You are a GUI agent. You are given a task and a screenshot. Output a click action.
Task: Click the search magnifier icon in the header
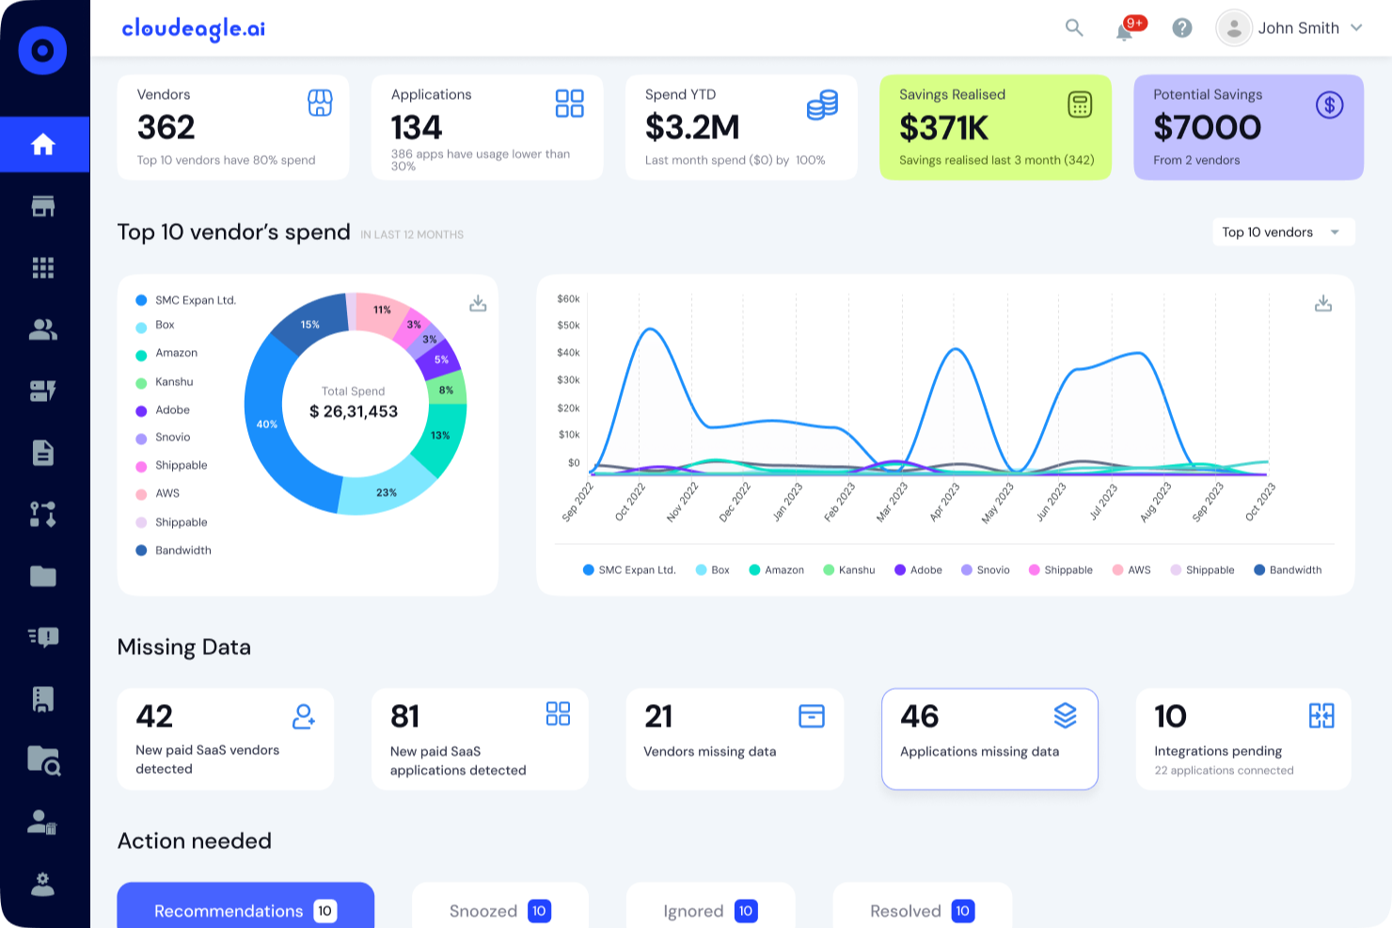point(1074,28)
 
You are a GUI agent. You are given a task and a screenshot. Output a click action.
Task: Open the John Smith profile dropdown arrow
point(1356,28)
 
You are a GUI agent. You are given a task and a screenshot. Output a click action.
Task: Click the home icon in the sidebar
point(43,144)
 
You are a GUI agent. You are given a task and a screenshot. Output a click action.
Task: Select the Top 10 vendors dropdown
point(1283,232)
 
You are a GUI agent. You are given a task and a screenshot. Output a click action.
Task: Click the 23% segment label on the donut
point(387,492)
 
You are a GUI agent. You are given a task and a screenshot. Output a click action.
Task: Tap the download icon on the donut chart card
point(478,303)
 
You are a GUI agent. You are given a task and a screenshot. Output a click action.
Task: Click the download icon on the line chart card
point(1323,303)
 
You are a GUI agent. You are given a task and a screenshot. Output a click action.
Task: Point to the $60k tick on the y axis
point(568,298)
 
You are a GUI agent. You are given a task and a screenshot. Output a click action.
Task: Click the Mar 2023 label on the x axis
point(893,502)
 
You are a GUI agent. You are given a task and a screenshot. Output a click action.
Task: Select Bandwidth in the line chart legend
point(1288,569)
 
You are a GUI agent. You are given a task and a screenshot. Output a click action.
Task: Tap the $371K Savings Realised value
point(943,128)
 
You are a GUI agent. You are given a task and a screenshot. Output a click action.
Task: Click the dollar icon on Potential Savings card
point(1329,104)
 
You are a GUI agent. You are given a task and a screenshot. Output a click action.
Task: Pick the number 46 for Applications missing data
point(920,716)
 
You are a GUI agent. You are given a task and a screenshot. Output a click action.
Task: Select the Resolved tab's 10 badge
point(962,911)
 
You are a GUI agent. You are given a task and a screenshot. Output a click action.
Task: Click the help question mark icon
point(1182,28)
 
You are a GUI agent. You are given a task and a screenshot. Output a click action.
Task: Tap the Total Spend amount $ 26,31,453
point(354,411)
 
